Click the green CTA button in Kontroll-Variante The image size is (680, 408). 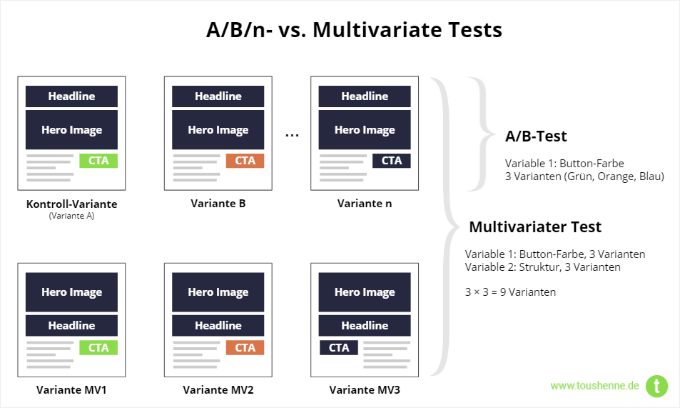point(98,161)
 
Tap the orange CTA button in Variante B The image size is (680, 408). point(245,161)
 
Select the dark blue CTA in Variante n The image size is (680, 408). point(392,161)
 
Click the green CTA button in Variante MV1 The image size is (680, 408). point(98,347)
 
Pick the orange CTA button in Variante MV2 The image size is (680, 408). point(245,347)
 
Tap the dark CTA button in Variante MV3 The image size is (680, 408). point(339,347)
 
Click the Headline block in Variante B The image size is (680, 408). point(218,96)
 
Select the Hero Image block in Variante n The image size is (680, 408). point(365,129)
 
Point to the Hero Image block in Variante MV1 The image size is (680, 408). point(71,292)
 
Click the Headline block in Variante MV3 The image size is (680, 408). point(365,325)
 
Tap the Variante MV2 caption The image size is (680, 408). point(218,389)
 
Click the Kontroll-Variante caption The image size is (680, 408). point(71,204)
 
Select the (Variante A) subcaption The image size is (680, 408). point(71,216)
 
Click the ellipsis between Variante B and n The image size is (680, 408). point(292,136)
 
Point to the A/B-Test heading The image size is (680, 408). point(536,136)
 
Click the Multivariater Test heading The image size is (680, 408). point(535,227)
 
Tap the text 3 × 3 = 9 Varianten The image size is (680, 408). point(510,292)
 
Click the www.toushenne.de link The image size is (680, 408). point(594,385)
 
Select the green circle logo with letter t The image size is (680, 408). point(657,386)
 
